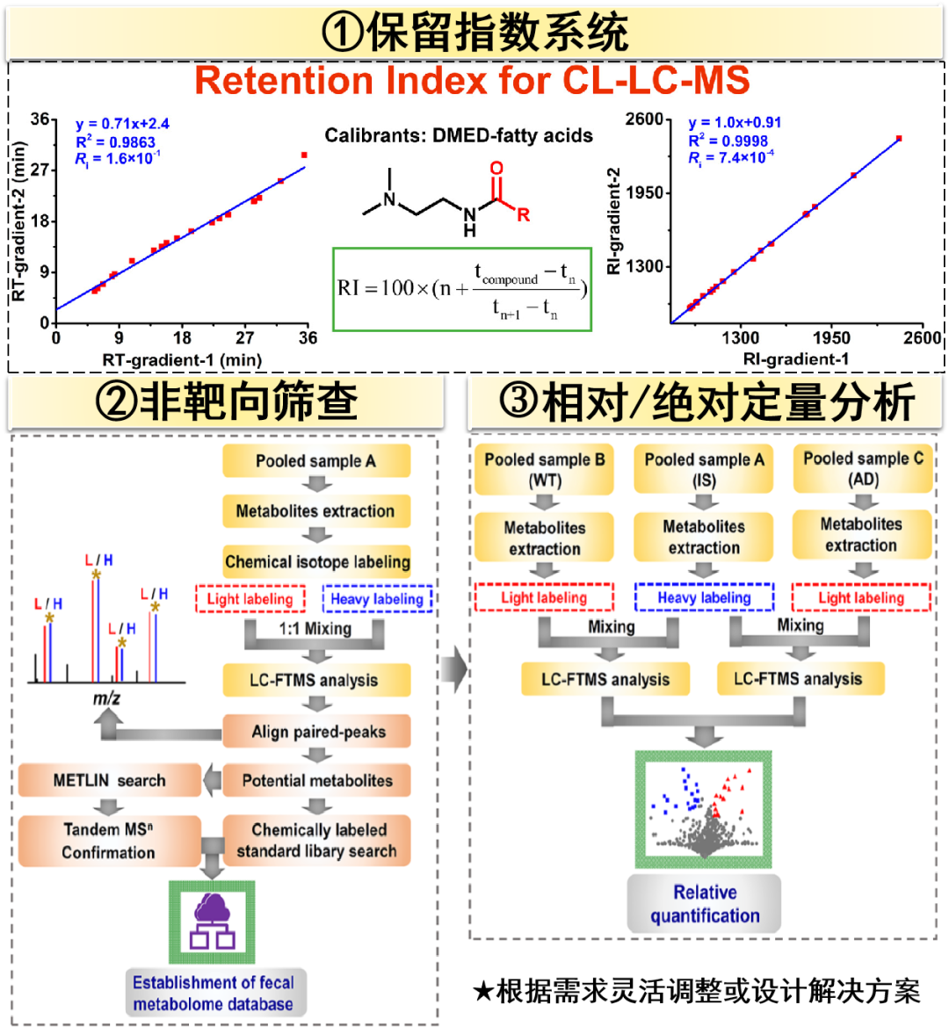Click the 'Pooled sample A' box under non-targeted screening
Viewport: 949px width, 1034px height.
point(315,461)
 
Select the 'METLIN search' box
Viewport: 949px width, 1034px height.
point(109,780)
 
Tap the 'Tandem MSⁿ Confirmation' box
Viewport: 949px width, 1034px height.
point(108,841)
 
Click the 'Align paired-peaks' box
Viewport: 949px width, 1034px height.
point(317,732)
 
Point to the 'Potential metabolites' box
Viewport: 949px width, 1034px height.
point(317,780)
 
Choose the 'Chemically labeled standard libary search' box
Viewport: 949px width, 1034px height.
point(317,841)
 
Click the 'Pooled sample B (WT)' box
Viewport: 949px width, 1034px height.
point(545,470)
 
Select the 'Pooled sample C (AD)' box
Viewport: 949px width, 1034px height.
point(863,469)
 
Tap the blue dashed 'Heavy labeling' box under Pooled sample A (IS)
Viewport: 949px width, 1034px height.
point(704,598)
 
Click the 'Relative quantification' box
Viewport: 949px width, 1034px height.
point(705,904)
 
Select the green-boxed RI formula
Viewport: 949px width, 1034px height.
point(462,289)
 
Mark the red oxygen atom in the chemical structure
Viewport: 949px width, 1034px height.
point(496,169)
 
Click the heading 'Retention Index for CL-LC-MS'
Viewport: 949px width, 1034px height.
point(473,81)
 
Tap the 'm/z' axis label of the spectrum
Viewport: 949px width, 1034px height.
point(106,699)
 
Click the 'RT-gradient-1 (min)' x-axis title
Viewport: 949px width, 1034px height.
point(182,359)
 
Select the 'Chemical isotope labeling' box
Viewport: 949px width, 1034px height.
point(317,562)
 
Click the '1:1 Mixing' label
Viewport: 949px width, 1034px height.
point(315,629)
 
